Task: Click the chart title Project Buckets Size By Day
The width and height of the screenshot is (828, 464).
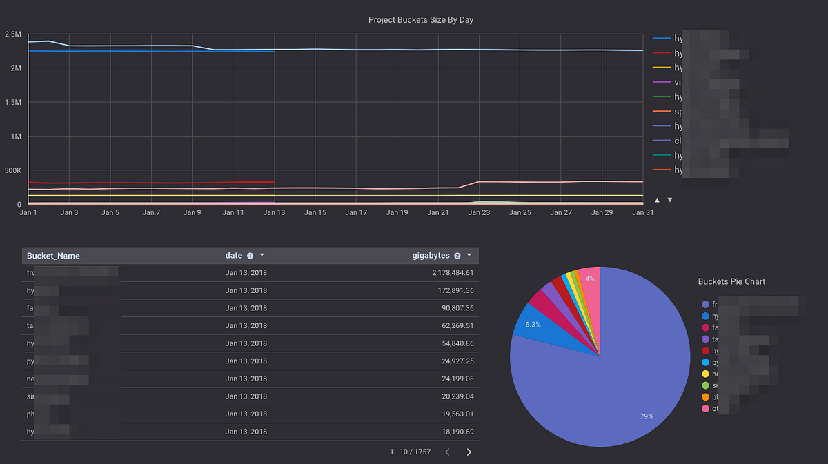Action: [x=421, y=20]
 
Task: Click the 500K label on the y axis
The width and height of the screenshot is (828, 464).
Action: [x=12, y=170]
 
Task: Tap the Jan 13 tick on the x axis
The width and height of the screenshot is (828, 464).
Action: [x=274, y=213]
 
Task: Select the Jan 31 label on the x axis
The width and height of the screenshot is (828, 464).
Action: [x=642, y=213]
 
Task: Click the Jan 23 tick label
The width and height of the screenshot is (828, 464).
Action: [x=479, y=213]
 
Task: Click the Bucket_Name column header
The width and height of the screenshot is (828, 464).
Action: [x=53, y=256]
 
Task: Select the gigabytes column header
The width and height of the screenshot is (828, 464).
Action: [x=430, y=256]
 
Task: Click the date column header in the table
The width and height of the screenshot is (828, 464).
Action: [x=234, y=256]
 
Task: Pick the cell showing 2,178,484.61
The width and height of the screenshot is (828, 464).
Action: [x=446, y=273]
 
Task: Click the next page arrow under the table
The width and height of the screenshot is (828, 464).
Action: [x=469, y=452]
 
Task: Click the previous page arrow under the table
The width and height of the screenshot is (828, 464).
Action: [x=447, y=452]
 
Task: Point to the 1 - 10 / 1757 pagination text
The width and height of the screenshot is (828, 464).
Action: [x=410, y=452]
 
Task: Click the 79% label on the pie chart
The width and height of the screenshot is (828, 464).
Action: [x=646, y=416]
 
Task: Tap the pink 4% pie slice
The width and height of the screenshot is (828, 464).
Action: [x=590, y=283]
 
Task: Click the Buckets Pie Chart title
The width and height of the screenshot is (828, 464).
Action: [x=731, y=281]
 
